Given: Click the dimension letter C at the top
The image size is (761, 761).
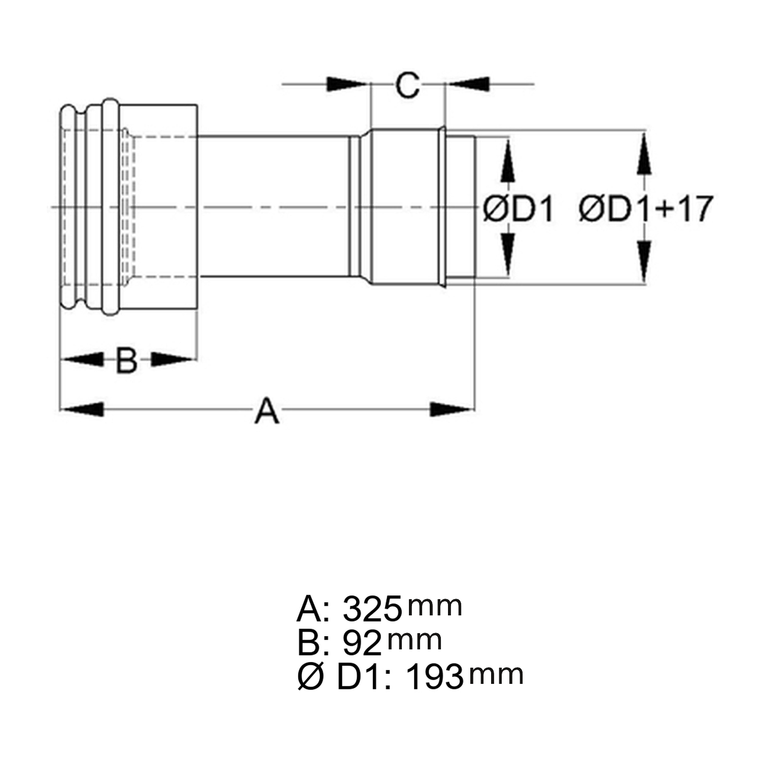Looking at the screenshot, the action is point(408,85).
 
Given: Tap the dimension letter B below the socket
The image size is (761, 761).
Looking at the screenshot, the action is point(127,360).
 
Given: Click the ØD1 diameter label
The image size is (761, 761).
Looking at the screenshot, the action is point(518,209).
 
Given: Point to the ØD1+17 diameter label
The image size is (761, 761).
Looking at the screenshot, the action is point(646,208).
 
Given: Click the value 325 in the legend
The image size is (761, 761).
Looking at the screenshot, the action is point(372,609).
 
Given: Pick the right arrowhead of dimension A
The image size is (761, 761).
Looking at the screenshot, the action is point(452,409).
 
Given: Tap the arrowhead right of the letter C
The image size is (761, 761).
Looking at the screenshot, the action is point(468,84).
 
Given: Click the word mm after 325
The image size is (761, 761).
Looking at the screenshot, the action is point(435,607).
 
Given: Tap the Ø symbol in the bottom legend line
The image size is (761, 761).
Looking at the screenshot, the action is point(310,677).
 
